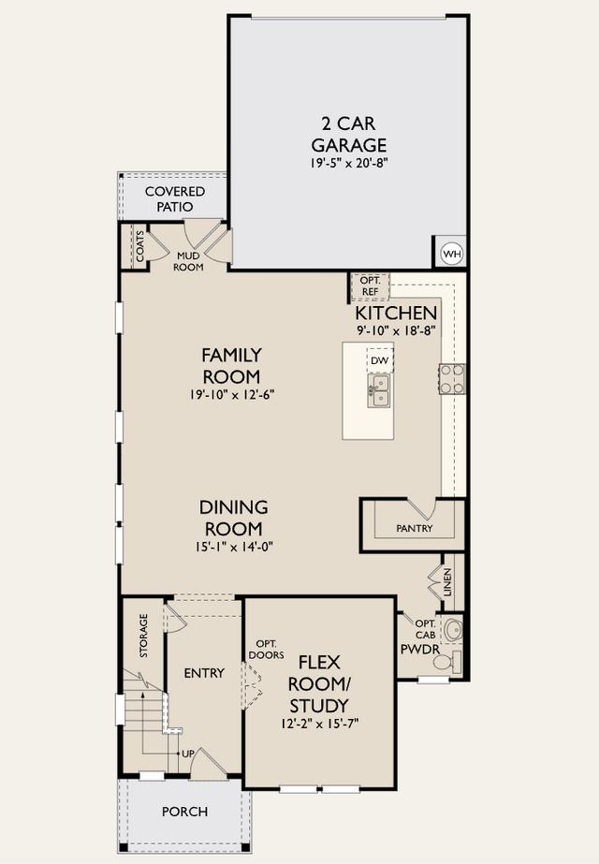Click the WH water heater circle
click(x=452, y=254)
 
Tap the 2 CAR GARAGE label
click(x=349, y=134)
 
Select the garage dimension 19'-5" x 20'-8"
click(x=349, y=163)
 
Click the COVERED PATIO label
click(x=175, y=199)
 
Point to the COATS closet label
click(x=140, y=246)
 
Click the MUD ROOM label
click(x=188, y=262)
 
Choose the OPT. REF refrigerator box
click(x=371, y=286)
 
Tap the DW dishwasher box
click(x=380, y=360)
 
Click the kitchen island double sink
click(x=378, y=390)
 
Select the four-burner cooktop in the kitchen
click(x=452, y=379)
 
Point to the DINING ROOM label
click(x=234, y=518)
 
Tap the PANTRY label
click(x=415, y=529)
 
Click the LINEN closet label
click(x=447, y=582)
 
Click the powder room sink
click(x=453, y=630)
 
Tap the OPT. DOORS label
click(x=267, y=650)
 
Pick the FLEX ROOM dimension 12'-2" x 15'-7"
click(x=319, y=724)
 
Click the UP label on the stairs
click(x=188, y=754)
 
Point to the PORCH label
click(x=185, y=812)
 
